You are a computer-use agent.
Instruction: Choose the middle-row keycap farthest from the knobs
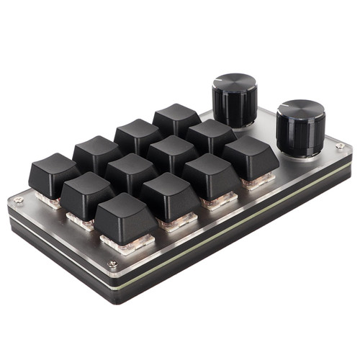(86, 188)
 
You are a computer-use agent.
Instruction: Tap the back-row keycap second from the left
(96, 150)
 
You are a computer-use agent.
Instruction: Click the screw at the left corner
(19, 199)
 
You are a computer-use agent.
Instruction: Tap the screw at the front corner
(112, 264)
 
